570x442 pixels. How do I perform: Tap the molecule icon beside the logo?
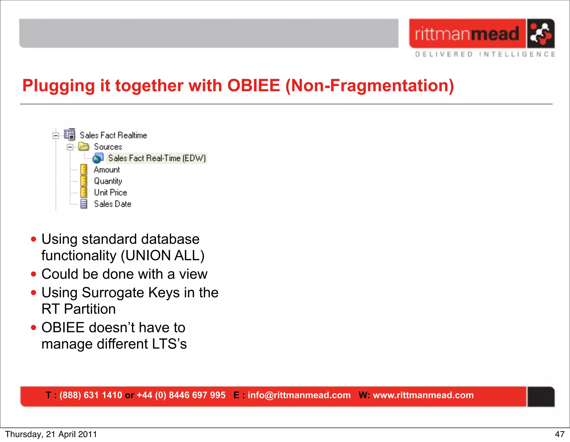point(540,34)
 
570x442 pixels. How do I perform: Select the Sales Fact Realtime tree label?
point(113,135)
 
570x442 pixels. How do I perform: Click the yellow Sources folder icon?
point(83,146)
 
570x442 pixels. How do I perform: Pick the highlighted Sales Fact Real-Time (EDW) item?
point(157,158)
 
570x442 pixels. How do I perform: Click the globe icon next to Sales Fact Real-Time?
point(98,158)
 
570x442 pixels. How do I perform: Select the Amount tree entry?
point(107,170)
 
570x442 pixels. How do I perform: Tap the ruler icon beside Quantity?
point(83,181)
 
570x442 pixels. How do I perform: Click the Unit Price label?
point(110,192)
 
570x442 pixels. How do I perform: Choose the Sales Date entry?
point(112,204)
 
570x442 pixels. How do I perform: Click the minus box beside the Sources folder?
point(70,147)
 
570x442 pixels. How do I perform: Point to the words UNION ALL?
point(163,255)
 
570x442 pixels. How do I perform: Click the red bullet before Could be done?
point(34,274)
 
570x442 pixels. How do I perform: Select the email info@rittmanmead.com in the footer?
point(299,395)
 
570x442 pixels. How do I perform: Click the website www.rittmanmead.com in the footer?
point(423,395)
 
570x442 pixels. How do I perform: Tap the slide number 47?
point(559,434)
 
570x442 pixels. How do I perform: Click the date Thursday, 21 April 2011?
point(51,434)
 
